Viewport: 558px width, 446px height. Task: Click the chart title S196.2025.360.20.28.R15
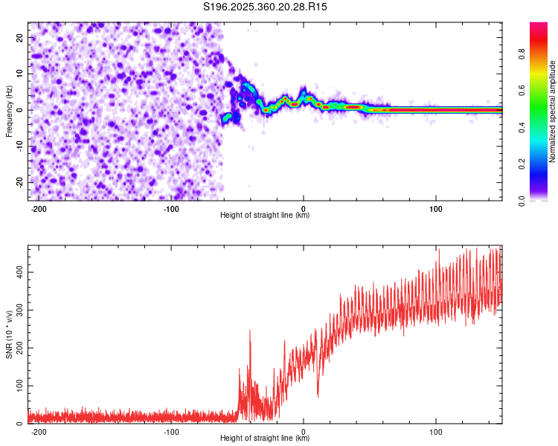(x=266, y=7)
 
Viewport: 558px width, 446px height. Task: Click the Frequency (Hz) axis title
(x=8, y=111)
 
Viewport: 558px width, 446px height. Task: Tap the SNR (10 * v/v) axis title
(x=10, y=334)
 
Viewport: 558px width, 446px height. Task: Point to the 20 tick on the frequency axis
(x=20, y=37)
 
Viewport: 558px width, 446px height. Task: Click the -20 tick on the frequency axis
(x=19, y=182)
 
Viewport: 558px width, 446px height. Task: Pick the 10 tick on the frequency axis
(x=20, y=74)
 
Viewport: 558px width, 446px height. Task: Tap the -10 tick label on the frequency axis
(x=19, y=146)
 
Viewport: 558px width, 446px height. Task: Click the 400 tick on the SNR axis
(x=18, y=273)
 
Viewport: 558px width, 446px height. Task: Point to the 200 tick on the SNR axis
(x=18, y=349)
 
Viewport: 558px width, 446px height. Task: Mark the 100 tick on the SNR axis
(x=18, y=387)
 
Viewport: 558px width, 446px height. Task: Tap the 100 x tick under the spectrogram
(x=435, y=207)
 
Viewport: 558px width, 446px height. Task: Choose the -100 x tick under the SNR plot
(x=171, y=431)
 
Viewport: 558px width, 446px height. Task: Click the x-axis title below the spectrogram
(x=265, y=216)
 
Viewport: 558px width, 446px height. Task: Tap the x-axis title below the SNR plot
(x=265, y=439)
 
